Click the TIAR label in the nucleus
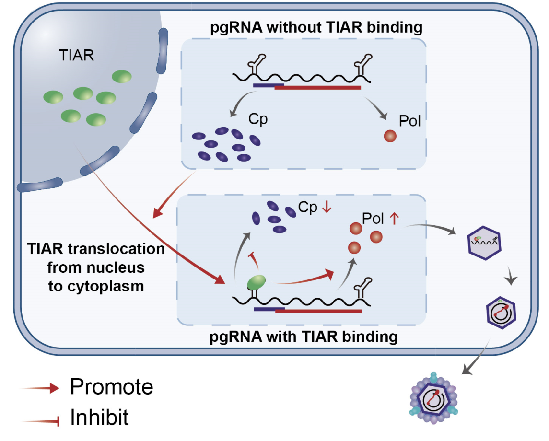(77, 55)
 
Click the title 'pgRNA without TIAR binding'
(316, 27)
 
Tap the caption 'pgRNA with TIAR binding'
(304, 337)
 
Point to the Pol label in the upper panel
(410, 121)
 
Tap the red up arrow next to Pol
(394, 219)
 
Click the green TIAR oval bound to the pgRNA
(257, 283)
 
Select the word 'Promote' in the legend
(112, 386)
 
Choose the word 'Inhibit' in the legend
(99, 418)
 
